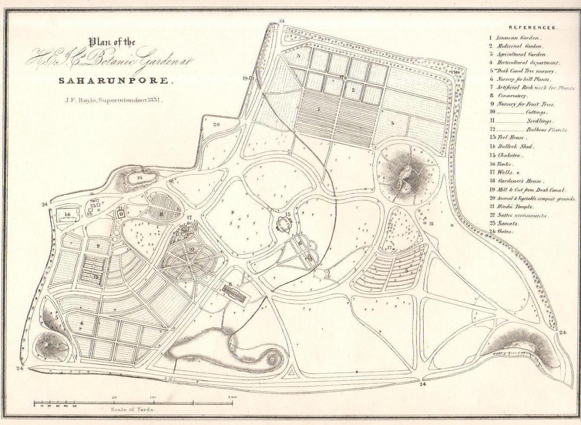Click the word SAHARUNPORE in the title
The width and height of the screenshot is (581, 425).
click(x=115, y=80)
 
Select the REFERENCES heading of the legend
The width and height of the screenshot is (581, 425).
click(x=533, y=28)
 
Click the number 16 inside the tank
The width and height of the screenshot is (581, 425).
click(x=139, y=178)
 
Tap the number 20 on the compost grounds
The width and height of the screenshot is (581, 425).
click(x=216, y=124)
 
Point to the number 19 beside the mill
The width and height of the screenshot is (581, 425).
click(x=245, y=78)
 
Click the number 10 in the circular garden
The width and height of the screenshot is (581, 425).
click(x=192, y=249)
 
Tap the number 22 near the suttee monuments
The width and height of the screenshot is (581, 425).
click(x=430, y=224)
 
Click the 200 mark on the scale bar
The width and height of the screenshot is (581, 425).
click(x=231, y=397)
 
